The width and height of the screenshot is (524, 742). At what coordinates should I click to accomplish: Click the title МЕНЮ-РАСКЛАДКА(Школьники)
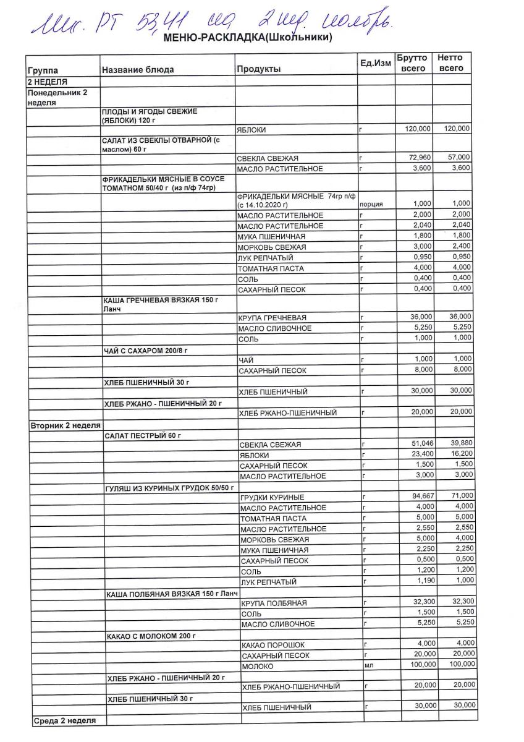(x=248, y=38)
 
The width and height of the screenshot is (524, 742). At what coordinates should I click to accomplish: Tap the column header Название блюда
(x=138, y=70)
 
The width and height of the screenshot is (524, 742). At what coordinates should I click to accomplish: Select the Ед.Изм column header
(x=376, y=64)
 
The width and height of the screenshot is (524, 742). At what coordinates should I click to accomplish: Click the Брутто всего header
(x=413, y=63)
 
